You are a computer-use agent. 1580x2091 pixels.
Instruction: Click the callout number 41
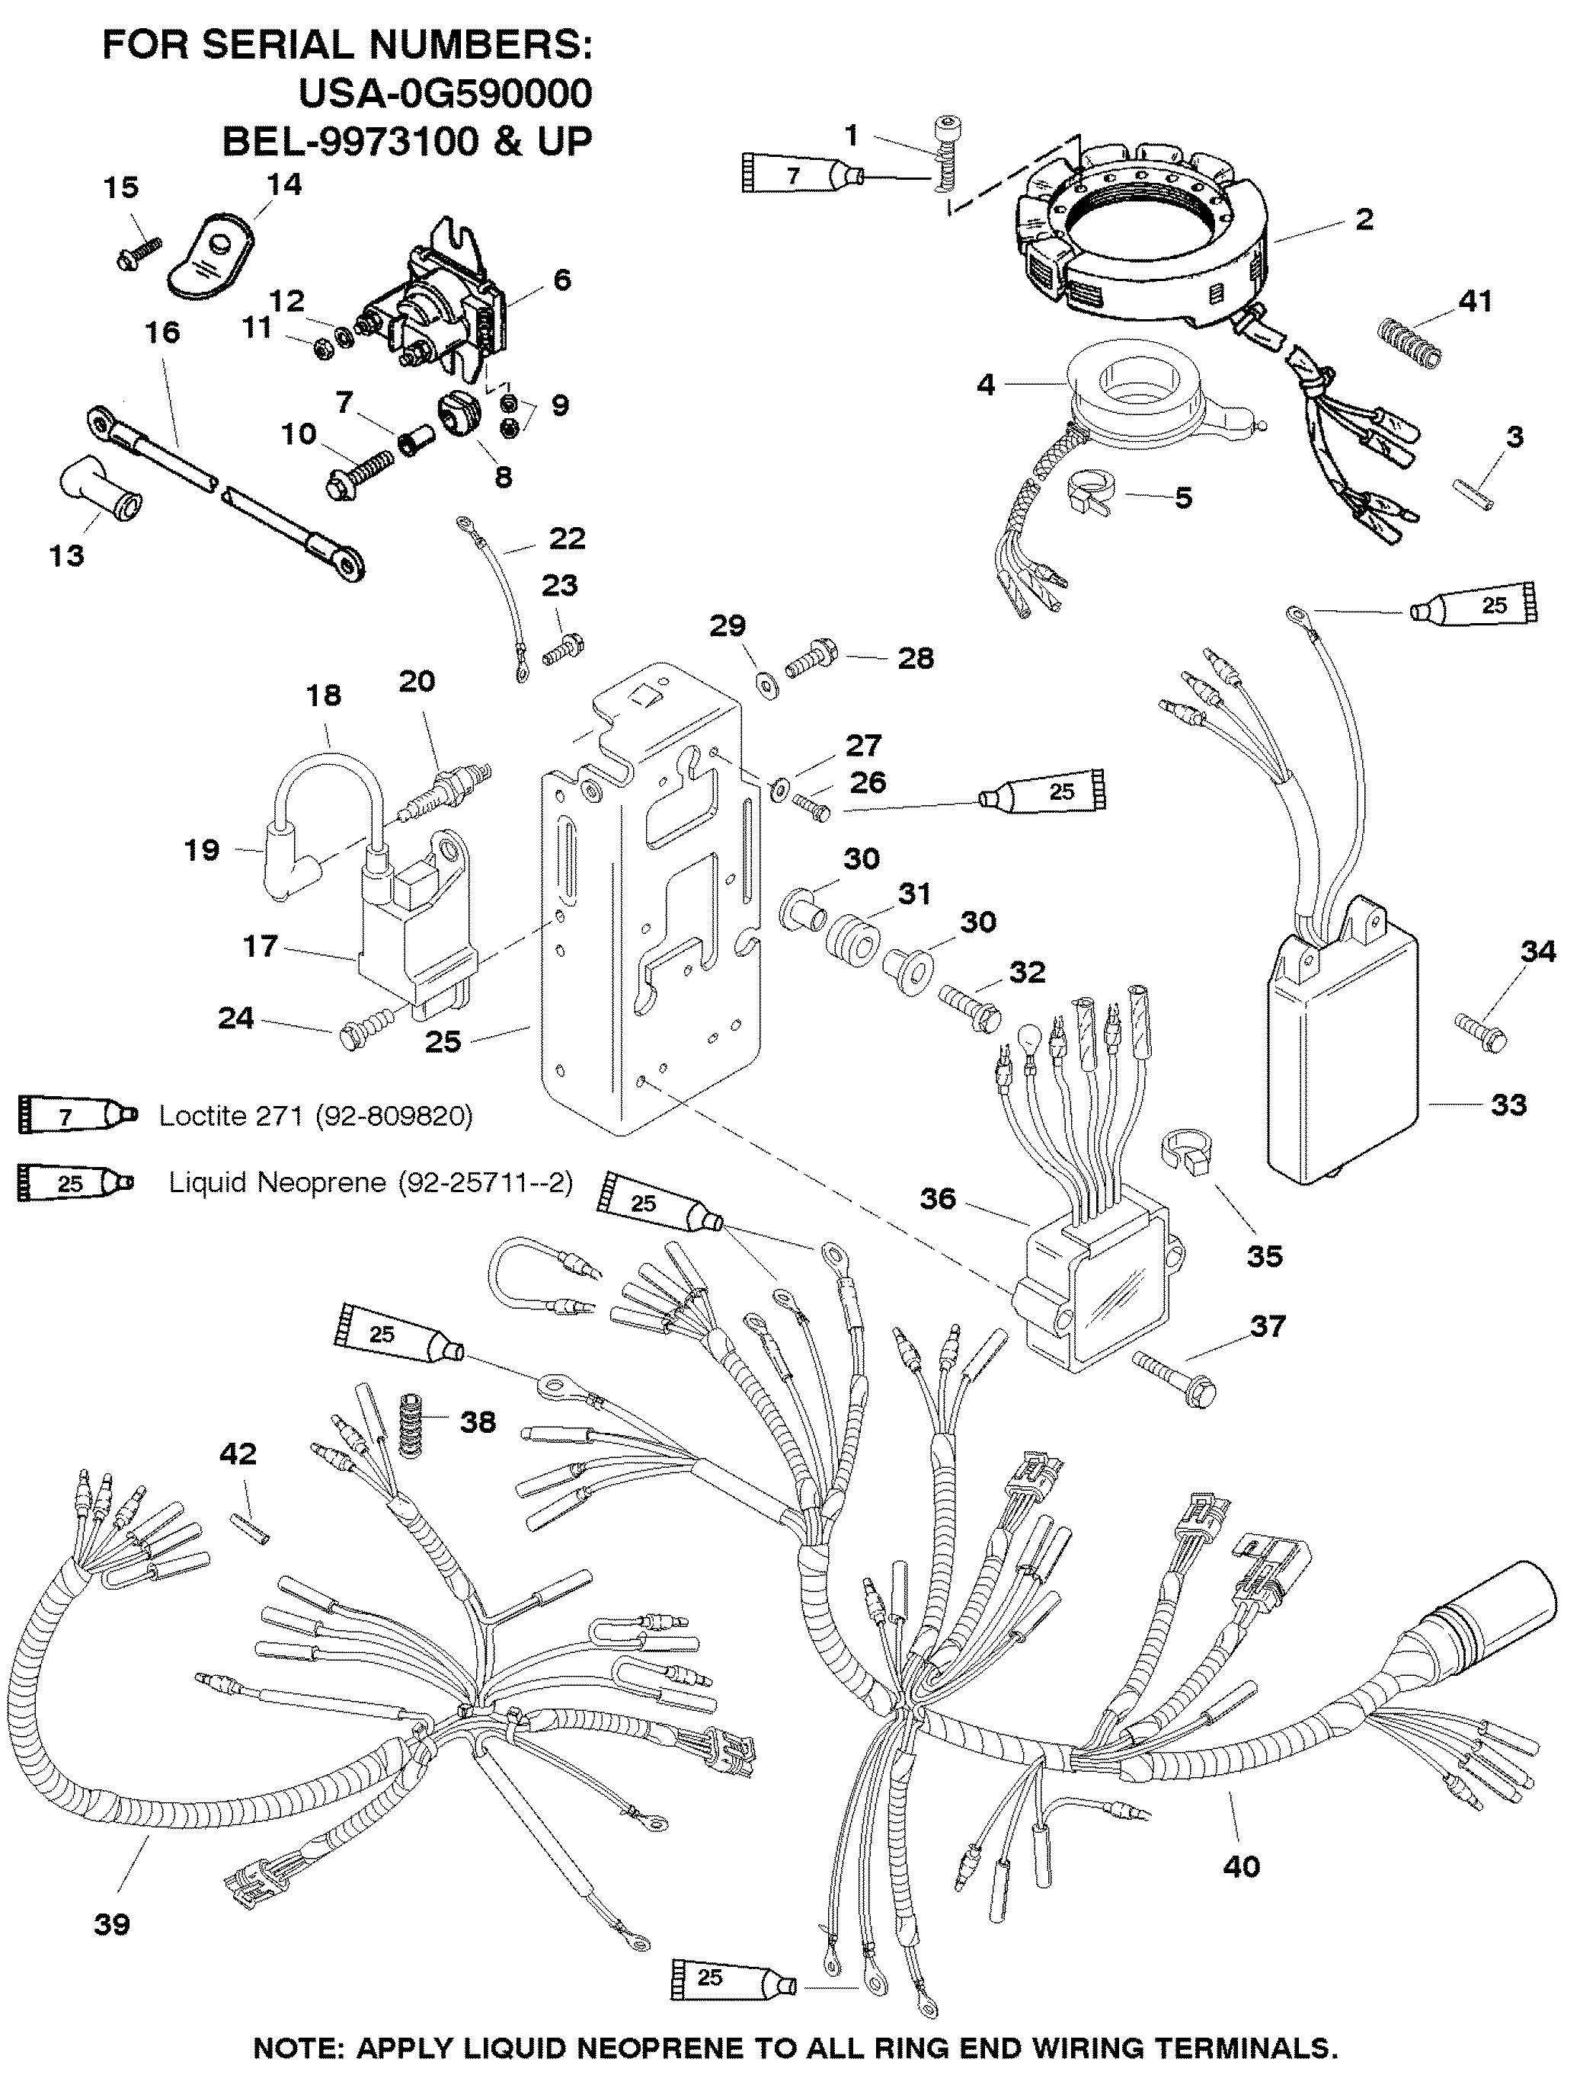[x=1475, y=301]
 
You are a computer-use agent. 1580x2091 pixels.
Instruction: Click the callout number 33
[x=1509, y=1103]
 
